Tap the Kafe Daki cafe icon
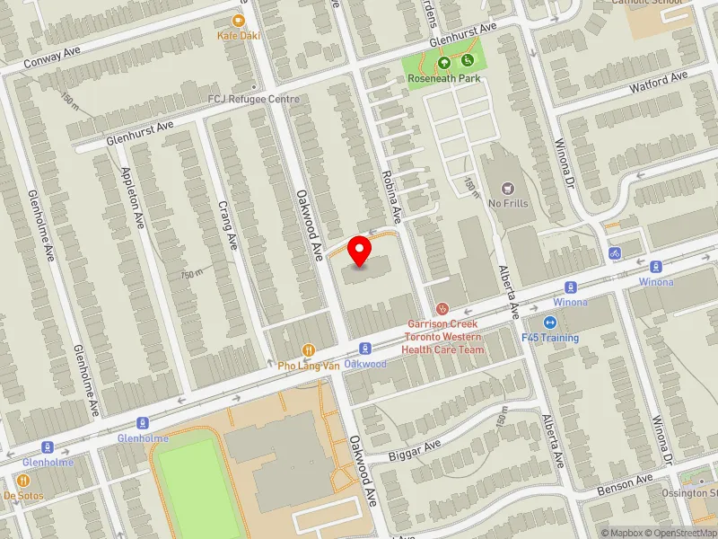[x=238, y=21]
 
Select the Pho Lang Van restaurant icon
[x=309, y=350]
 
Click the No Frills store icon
[x=508, y=189]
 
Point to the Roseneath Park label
[x=443, y=78]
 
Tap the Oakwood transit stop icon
[x=365, y=349]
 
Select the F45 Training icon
[x=550, y=323]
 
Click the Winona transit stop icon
[x=656, y=267]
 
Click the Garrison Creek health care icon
[x=441, y=309]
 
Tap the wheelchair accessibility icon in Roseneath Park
[x=468, y=61]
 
